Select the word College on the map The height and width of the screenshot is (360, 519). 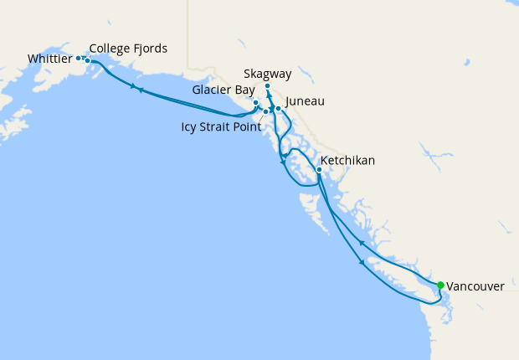[x=110, y=49]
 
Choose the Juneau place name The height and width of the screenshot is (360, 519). [x=305, y=102]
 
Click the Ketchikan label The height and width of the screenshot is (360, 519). [x=347, y=160]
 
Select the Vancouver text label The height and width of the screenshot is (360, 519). [x=475, y=286]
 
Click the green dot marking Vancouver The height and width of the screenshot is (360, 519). [x=440, y=285]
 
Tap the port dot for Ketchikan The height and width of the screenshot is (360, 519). [x=319, y=170]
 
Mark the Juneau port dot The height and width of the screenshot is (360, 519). [x=279, y=109]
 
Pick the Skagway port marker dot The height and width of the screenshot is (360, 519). [x=267, y=86]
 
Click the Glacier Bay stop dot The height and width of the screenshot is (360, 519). [x=255, y=103]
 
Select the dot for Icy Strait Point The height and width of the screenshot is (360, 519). [x=265, y=111]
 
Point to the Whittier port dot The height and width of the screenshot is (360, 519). [x=78, y=58]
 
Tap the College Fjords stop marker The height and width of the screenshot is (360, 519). [x=87, y=60]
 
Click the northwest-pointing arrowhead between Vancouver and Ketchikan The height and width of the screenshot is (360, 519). [x=361, y=242]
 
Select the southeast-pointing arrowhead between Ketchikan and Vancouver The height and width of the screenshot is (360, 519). [x=362, y=263]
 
